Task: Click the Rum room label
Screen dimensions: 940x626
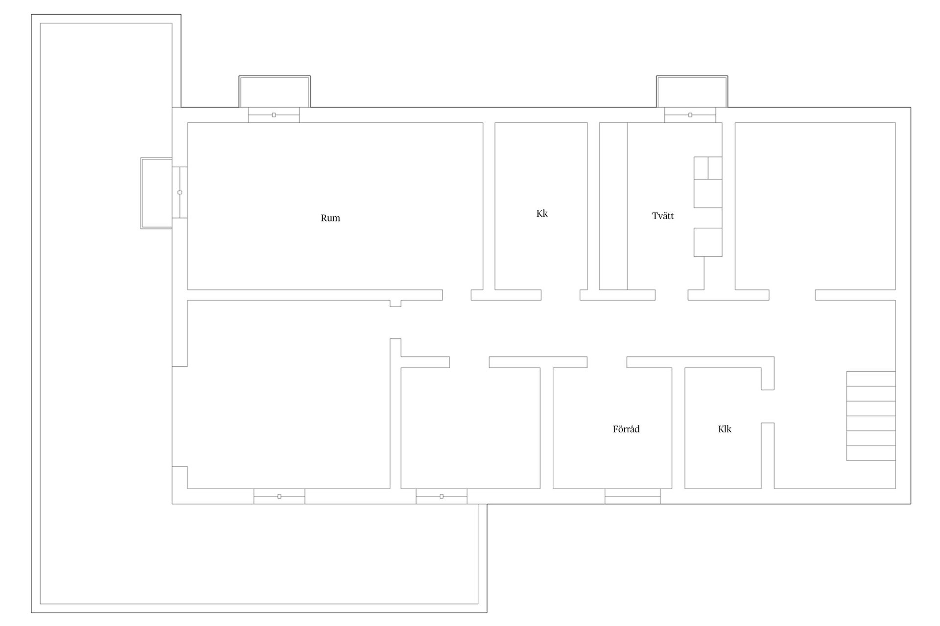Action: pyautogui.click(x=330, y=218)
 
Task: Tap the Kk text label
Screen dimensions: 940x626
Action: pyautogui.click(x=542, y=213)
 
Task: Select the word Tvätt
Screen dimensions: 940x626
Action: pyautogui.click(x=663, y=216)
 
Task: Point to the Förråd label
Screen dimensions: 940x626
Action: pyautogui.click(x=626, y=429)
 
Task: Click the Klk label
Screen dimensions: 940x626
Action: pyautogui.click(x=725, y=429)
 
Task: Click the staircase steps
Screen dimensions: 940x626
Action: pyautogui.click(x=871, y=416)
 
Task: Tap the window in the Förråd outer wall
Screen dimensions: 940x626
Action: pyautogui.click(x=633, y=496)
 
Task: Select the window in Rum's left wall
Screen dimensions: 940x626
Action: pyautogui.click(x=180, y=192)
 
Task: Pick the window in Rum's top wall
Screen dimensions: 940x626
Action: pyautogui.click(x=274, y=115)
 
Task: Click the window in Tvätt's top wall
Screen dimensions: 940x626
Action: pyautogui.click(x=690, y=115)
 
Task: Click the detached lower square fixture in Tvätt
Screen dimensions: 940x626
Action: pyautogui.click(x=708, y=242)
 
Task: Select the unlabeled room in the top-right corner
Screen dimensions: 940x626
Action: pyautogui.click(x=815, y=206)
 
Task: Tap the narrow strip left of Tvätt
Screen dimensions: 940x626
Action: pyautogui.click(x=613, y=206)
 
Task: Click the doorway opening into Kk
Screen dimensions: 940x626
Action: pyautogui.click(x=561, y=295)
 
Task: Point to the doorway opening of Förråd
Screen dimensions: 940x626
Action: pyautogui.click(x=607, y=362)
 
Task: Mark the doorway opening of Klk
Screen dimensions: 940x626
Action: pyautogui.click(x=768, y=406)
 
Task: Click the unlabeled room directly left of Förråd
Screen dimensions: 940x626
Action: pyautogui.click(x=470, y=428)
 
